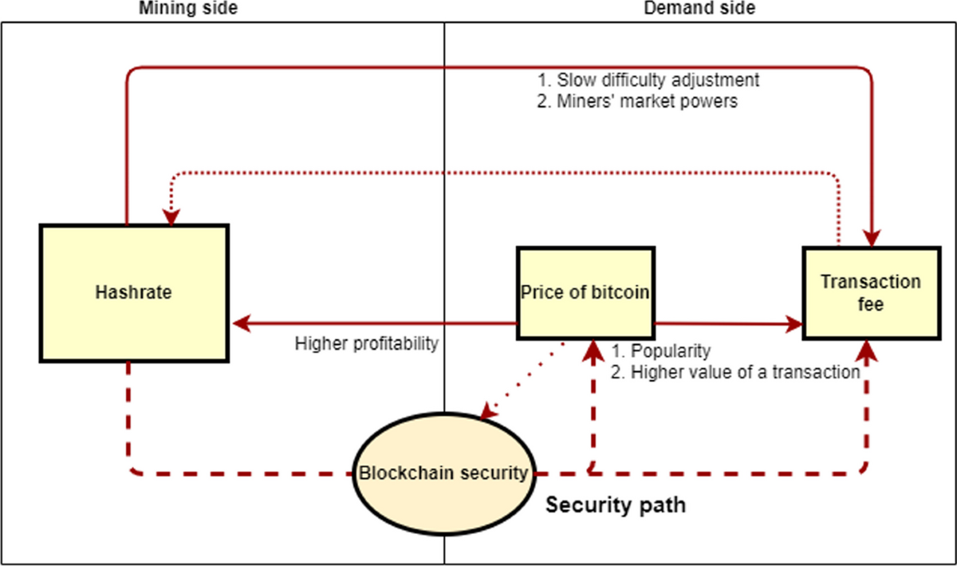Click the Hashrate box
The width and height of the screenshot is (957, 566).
[134, 293]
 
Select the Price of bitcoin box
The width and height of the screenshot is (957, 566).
[585, 293]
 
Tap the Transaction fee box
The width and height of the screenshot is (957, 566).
[871, 293]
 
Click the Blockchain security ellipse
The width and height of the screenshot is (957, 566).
[443, 473]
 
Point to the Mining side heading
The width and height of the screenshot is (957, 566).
[188, 9]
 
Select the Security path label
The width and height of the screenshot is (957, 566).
[615, 505]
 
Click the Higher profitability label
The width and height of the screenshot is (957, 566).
[367, 344]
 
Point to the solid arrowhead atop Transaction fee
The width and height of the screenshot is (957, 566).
[872, 238]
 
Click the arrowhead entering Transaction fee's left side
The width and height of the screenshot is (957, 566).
[794, 323]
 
